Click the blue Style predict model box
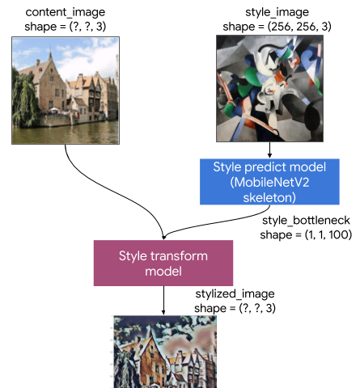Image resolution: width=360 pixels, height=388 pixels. (269, 182)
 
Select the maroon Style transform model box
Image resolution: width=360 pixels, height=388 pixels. (163, 263)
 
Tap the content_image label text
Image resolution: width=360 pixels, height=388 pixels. (66, 12)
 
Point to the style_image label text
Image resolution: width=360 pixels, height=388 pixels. (277, 12)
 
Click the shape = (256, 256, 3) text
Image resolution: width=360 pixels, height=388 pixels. (277, 27)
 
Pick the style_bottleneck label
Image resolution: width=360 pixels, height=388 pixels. (306, 221)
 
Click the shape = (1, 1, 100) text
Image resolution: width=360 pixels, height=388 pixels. (306, 234)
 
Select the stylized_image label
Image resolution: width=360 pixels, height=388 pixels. (235, 293)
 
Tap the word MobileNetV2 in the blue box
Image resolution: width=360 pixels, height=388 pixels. (269, 183)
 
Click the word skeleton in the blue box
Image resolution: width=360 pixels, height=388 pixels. (269, 197)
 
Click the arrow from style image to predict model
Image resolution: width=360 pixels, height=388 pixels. (269, 150)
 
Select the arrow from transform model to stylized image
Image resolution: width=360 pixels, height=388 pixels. (163, 301)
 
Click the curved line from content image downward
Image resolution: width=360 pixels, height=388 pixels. (113, 188)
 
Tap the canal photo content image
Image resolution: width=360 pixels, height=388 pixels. (66, 91)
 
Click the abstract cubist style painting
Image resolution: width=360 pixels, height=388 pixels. (269, 88)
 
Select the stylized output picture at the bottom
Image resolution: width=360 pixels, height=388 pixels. (165, 352)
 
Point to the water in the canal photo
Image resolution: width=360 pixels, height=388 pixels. (66, 133)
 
